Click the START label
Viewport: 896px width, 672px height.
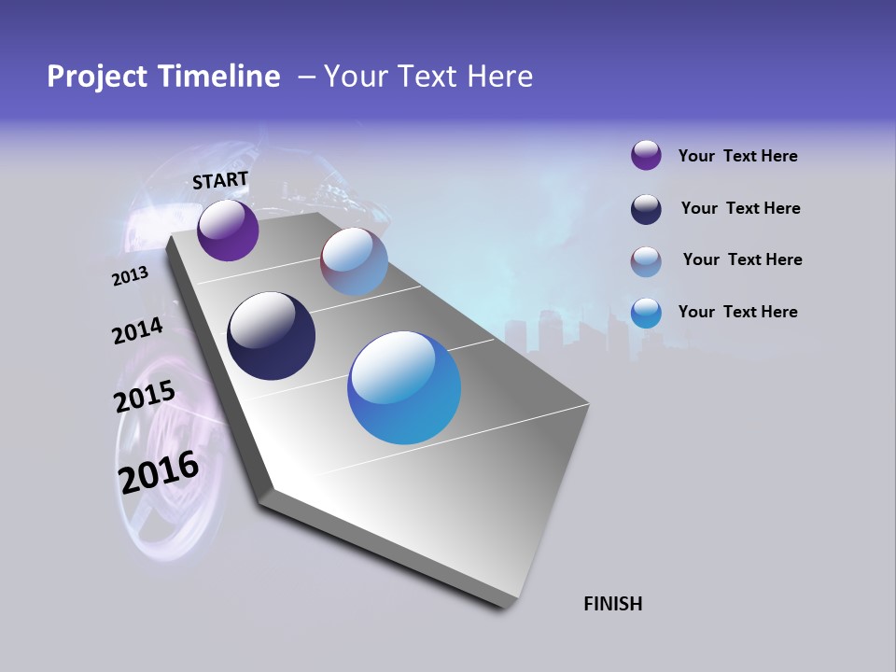coord(220,180)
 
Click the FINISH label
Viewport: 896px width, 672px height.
coord(612,604)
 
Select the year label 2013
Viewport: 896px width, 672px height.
coord(130,275)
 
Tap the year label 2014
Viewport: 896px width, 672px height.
coord(137,331)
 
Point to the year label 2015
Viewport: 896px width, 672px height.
coord(144,397)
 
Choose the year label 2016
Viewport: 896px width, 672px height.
coord(159,472)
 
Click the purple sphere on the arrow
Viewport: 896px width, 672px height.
coord(228,230)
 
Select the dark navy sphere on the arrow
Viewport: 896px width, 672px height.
coord(271,336)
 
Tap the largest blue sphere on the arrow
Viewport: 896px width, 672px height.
coord(404,387)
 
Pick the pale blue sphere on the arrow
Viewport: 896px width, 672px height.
coord(354,261)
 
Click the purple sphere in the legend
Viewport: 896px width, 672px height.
coord(646,155)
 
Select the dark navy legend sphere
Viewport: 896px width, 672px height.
coord(646,209)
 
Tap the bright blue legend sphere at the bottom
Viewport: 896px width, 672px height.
coord(646,313)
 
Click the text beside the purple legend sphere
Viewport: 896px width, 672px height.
coord(737,156)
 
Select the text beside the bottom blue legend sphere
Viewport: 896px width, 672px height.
coord(737,312)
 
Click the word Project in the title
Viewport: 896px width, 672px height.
coord(95,77)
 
